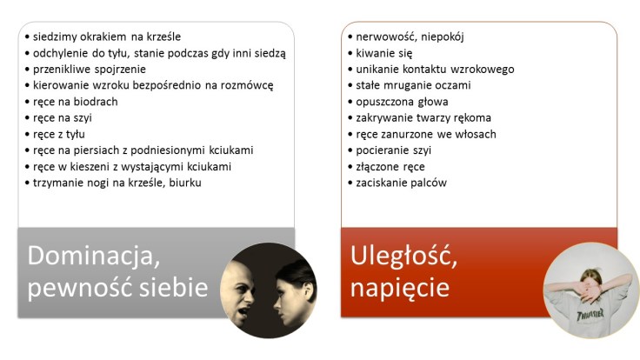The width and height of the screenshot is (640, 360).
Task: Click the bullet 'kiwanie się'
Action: click(x=381, y=53)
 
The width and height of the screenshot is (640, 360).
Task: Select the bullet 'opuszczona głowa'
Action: click(x=399, y=101)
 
